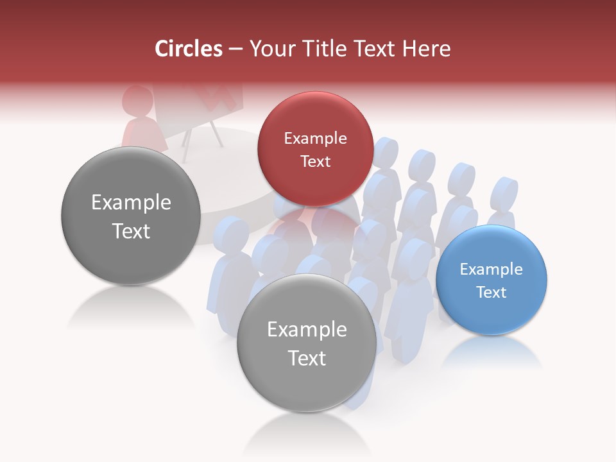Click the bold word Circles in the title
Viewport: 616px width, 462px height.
(189, 49)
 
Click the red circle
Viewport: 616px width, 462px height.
(315, 149)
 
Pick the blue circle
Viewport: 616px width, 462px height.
(492, 280)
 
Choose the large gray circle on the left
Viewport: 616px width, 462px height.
(131, 216)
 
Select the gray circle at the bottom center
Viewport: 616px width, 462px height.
(307, 343)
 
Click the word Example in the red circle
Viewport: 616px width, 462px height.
(315, 138)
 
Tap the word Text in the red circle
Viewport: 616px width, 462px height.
(315, 161)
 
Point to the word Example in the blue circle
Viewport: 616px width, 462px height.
(492, 269)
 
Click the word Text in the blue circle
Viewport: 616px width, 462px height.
(492, 292)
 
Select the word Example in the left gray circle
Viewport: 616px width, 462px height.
(131, 203)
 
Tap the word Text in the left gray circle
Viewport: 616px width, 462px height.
(131, 231)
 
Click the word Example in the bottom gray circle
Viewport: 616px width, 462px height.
(307, 330)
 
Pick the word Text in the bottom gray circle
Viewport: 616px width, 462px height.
(307, 358)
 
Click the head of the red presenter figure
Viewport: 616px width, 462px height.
(137, 101)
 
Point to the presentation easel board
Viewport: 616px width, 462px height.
(199, 106)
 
